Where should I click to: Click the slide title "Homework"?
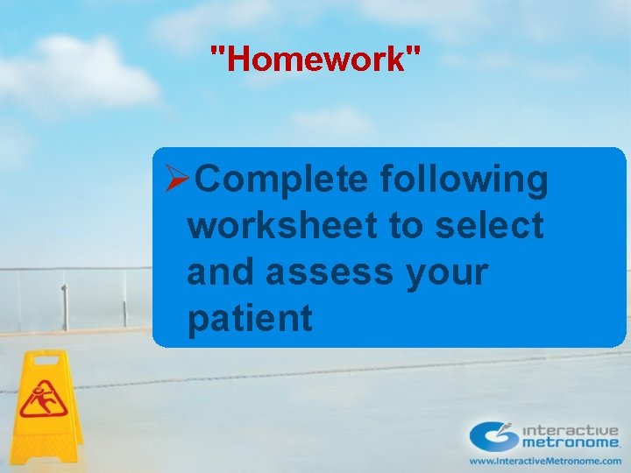coord(315,60)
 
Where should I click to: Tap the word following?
coord(464,180)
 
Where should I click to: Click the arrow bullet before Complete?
coord(178,180)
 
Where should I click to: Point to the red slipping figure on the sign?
coord(39,399)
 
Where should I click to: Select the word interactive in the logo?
coord(571,430)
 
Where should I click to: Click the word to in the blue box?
coord(407,226)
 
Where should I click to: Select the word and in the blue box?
coord(220,272)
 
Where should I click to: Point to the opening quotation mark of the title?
coord(216,53)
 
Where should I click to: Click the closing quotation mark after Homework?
coord(415,53)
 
